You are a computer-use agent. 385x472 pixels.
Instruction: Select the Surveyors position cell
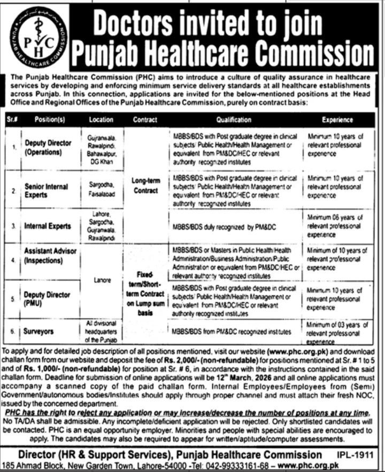39,332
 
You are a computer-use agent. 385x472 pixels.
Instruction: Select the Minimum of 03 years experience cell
337,332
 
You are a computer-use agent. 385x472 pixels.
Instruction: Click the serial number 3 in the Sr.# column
14,226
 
